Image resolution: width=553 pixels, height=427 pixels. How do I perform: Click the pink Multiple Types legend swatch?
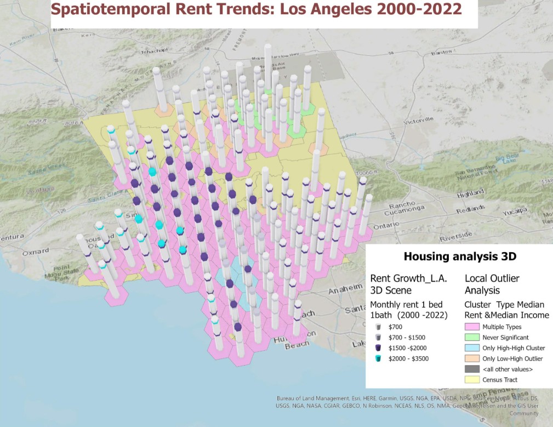tap(473, 327)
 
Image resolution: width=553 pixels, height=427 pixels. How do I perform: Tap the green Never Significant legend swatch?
tap(473, 337)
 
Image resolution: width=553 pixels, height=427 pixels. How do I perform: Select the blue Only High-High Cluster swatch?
tap(473, 348)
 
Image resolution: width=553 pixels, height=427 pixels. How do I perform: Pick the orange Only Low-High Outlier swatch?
tap(473, 358)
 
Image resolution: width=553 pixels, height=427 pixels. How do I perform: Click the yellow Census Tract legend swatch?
tap(473, 379)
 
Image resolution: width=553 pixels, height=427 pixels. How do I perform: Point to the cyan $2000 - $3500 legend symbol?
tap(378, 358)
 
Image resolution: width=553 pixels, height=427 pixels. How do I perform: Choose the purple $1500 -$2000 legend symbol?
tap(378, 348)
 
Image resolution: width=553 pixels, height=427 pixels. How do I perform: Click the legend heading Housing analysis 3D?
tap(460, 256)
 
